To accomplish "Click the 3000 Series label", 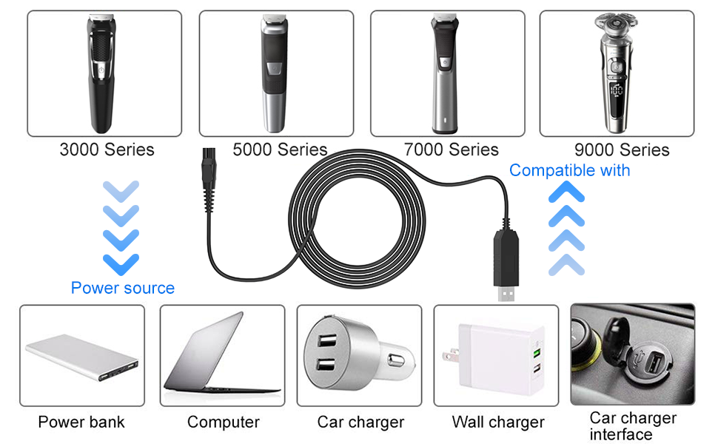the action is tap(107, 150).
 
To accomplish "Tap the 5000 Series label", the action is tap(280, 150).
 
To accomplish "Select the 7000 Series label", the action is tap(452, 150).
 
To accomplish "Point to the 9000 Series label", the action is tap(622, 150).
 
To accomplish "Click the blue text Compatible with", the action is tap(569, 171).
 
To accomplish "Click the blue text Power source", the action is tap(123, 288).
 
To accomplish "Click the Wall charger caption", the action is tap(498, 423).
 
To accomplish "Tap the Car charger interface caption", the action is tap(633, 426).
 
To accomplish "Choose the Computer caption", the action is tap(223, 423).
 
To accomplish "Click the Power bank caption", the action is tap(81, 423).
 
